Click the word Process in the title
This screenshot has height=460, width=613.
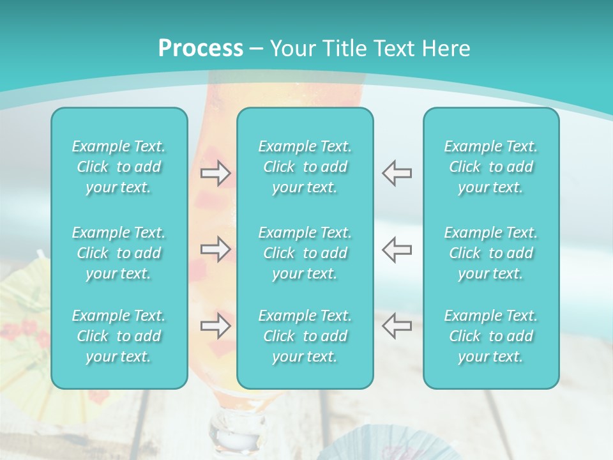pos(201,48)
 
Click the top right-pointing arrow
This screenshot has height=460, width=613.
pos(215,173)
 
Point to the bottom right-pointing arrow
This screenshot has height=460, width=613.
pos(215,326)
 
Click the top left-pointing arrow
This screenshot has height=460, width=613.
pos(397,173)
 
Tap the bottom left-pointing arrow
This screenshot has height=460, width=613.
pos(397,326)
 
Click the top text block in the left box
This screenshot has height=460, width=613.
pos(119,167)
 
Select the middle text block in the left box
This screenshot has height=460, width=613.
pos(119,253)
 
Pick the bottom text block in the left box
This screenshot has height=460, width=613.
pos(119,336)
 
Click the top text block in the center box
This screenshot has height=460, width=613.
pos(305,167)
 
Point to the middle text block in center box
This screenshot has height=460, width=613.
pos(305,253)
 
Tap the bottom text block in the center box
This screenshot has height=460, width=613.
pos(305,336)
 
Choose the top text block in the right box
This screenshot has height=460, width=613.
pos(491,167)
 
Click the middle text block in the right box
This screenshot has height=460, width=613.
pos(491,253)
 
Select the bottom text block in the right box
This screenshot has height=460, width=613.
pos(491,336)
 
